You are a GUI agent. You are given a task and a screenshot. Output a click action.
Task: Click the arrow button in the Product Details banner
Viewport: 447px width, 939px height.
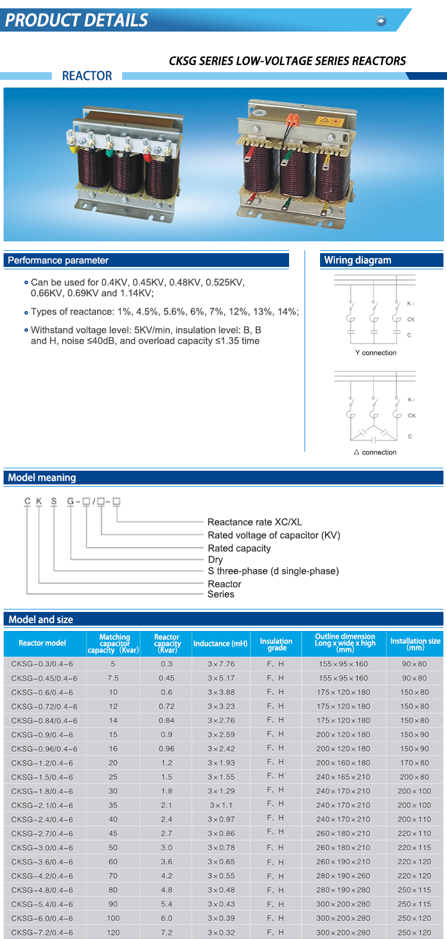tap(381, 21)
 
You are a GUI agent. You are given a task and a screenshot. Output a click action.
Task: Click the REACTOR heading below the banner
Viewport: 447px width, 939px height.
tap(87, 76)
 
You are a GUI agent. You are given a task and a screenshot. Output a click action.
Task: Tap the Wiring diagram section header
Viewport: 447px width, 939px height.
tap(358, 260)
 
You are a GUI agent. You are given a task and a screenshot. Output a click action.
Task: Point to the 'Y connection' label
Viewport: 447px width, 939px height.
tap(375, 353)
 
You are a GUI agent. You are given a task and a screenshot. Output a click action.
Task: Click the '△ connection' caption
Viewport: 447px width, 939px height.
tap(375, 452)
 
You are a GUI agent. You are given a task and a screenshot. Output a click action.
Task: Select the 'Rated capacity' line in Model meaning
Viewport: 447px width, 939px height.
tap(239, 548)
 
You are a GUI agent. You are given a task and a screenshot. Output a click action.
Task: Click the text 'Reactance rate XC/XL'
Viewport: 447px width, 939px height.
tap(254, 522)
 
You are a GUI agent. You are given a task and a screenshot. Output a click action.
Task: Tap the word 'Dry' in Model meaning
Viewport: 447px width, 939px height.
tap(215, 559)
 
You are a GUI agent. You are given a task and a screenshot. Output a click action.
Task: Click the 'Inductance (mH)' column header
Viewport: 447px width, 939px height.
tap(220, 643)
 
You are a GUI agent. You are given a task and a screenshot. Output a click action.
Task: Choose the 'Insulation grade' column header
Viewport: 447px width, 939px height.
tap(276, 644)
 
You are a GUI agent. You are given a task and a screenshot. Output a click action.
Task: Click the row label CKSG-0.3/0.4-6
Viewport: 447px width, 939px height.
tap(42, 664)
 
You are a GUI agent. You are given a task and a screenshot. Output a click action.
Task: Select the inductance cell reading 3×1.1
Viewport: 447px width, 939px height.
tap(221, 805)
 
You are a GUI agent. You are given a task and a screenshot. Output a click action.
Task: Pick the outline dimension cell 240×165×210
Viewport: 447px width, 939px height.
tap(343, 777)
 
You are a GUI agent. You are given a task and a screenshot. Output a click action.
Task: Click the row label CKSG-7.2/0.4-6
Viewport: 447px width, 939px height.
tap(42, 932)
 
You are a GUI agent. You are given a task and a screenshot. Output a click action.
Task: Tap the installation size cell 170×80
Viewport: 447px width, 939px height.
tap(414, 763)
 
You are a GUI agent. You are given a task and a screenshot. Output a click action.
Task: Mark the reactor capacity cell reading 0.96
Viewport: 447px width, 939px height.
tap(167, 749)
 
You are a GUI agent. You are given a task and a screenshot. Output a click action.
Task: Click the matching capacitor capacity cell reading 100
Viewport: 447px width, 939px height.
tap(113, 918)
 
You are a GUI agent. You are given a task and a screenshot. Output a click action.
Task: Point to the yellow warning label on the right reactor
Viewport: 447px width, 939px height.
tap(329, 122)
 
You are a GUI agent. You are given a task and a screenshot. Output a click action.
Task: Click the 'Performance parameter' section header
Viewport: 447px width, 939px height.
tap(58, 260)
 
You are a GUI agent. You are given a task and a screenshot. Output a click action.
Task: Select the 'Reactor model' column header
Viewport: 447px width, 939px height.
tap(42, 643)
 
